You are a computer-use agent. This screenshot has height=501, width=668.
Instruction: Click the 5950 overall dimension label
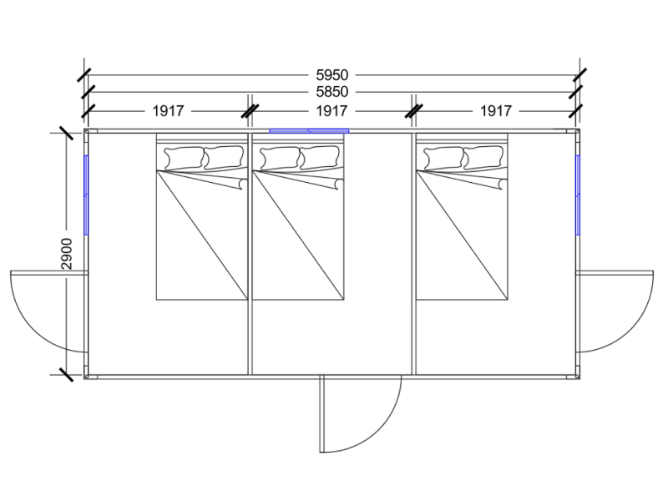tap(331, 75)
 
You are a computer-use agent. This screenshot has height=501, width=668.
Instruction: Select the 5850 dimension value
tap(331, 92)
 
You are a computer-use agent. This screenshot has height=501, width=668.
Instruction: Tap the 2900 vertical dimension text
tap(67, 254)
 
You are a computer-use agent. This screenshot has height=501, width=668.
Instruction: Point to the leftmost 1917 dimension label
tap(168, 111)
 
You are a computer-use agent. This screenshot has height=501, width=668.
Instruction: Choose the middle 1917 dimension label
tap(331, 111)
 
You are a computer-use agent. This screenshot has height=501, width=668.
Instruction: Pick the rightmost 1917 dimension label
tap(496, 111)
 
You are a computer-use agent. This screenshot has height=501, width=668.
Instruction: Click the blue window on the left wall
tap(86, 195)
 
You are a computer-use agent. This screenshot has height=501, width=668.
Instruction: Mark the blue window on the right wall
tap(578, 195)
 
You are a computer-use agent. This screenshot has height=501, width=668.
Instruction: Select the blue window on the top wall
tap(309, 131)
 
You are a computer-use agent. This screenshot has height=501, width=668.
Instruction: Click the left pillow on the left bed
tap(184, 158)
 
